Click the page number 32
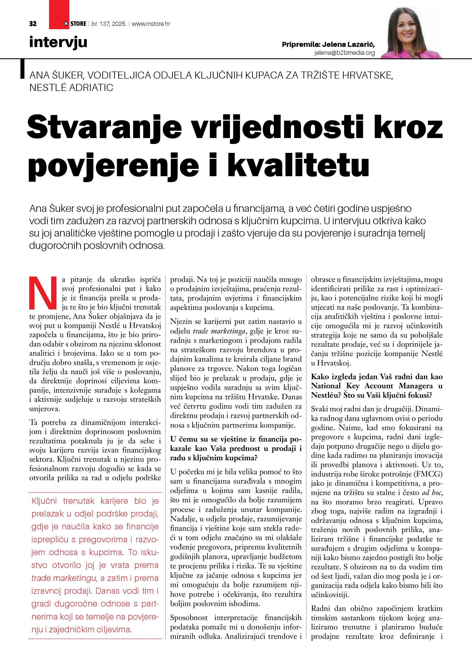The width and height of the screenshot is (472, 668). (33, 24)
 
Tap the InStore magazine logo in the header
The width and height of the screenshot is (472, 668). (75, 24)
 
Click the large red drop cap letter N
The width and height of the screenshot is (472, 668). (43, 293)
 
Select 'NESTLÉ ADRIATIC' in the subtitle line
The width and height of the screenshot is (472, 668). (71, 88)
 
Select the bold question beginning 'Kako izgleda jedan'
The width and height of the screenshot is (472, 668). (377, 386)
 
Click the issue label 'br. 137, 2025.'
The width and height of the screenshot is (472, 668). (109, 24)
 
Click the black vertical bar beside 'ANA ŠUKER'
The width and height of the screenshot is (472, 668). (22, 69)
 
